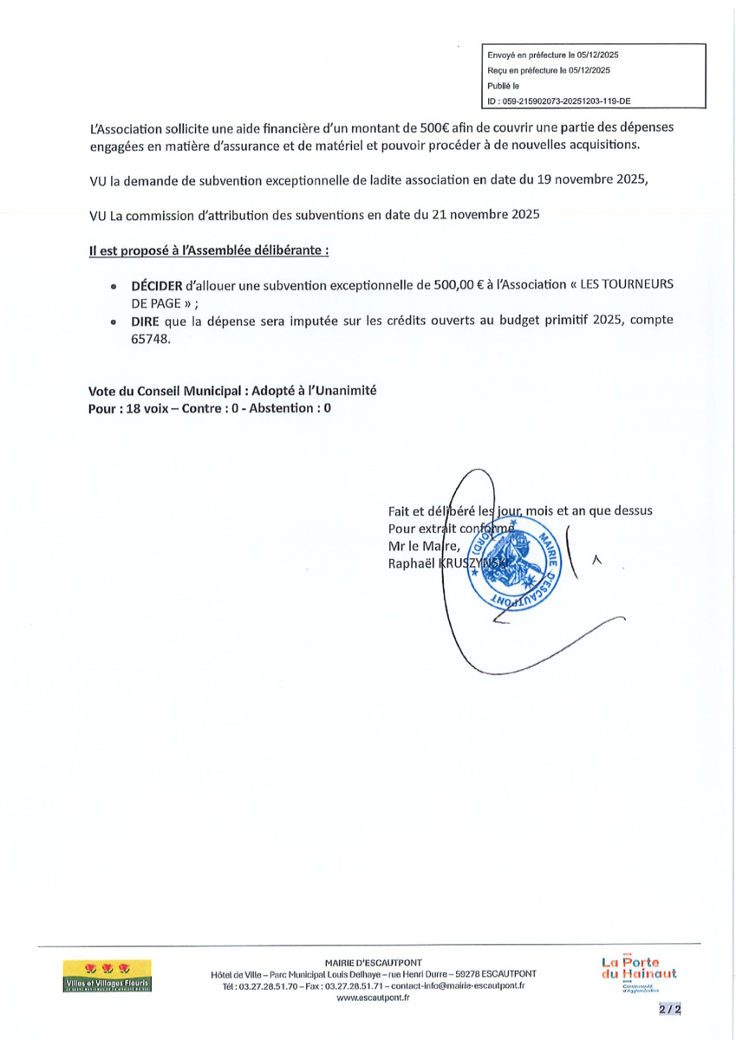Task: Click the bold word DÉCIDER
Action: click(x=156, y=285)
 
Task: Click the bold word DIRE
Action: click(x=145, y=320)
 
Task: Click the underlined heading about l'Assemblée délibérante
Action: click(x=209, y=250)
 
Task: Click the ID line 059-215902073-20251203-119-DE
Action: click(x=559, y=101)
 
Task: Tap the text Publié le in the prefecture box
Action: click(x=504, y=86)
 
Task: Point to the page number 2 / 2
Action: click(x=669, y=1010)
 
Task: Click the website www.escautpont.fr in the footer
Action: click(x=374, y=998)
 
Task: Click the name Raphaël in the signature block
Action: click(x=409, y=563)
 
